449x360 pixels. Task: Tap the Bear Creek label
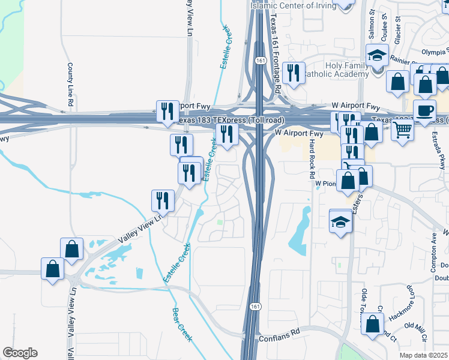point(182,325)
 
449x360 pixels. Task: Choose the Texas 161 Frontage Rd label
point(276,52)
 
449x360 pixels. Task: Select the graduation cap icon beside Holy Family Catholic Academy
point(377,56)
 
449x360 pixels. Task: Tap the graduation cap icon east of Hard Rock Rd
point(340,221)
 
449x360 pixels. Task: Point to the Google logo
point(20,353)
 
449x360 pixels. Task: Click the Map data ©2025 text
point(423,355)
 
